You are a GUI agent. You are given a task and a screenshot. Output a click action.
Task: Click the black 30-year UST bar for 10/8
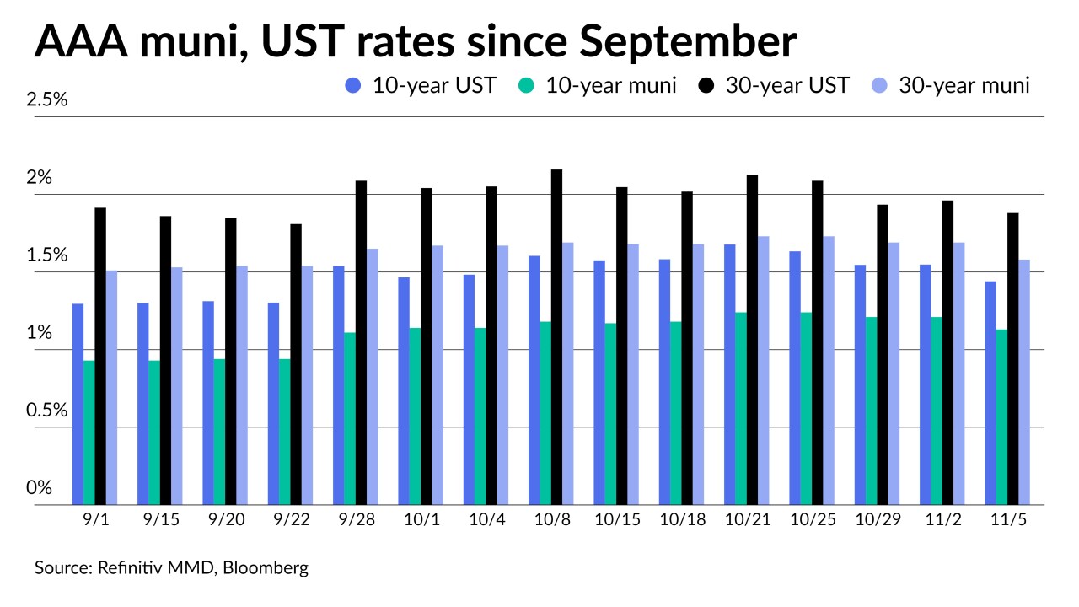point(556,337)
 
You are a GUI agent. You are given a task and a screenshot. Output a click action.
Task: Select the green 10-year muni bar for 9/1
point(89,432)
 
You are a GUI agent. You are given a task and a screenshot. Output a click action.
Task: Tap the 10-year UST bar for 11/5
point(990,393)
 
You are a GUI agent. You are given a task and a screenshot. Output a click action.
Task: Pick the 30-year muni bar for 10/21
point(763,370)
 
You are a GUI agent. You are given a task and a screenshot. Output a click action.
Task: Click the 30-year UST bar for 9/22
point(296,364)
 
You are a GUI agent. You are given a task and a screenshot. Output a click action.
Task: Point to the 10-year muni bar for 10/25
point(806,408)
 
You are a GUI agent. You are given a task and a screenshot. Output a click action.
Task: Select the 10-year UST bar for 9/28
point(338,385)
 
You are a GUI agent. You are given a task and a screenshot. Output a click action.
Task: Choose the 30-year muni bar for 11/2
point(958,373)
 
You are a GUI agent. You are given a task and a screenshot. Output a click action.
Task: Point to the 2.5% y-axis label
point(47,99)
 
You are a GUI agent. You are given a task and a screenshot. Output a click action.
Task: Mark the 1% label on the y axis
point(40,333)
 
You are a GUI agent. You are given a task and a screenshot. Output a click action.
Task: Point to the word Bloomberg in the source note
point(266,568)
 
